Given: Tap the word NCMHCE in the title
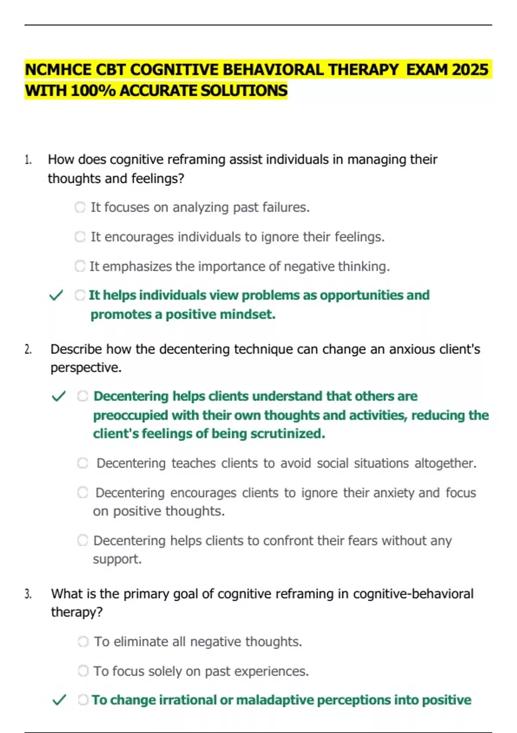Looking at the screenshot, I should [58, 70].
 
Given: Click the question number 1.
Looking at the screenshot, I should [28, 160].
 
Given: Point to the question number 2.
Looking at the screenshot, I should [28, 349].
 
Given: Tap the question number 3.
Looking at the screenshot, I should [28, 594].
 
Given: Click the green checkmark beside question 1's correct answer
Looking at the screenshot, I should [56, 295].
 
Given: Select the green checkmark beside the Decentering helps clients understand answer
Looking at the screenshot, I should [59, 396].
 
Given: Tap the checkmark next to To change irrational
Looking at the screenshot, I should [59, 700].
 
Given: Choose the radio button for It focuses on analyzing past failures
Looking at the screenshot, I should [80, 207].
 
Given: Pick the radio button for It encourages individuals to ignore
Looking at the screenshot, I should [80, 237].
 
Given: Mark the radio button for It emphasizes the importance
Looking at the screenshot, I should [80, 266].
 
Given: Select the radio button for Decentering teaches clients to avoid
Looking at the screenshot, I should [83, 463].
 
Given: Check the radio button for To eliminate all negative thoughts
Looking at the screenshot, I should [83, 642].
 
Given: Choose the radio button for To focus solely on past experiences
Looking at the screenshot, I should [83, 671].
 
